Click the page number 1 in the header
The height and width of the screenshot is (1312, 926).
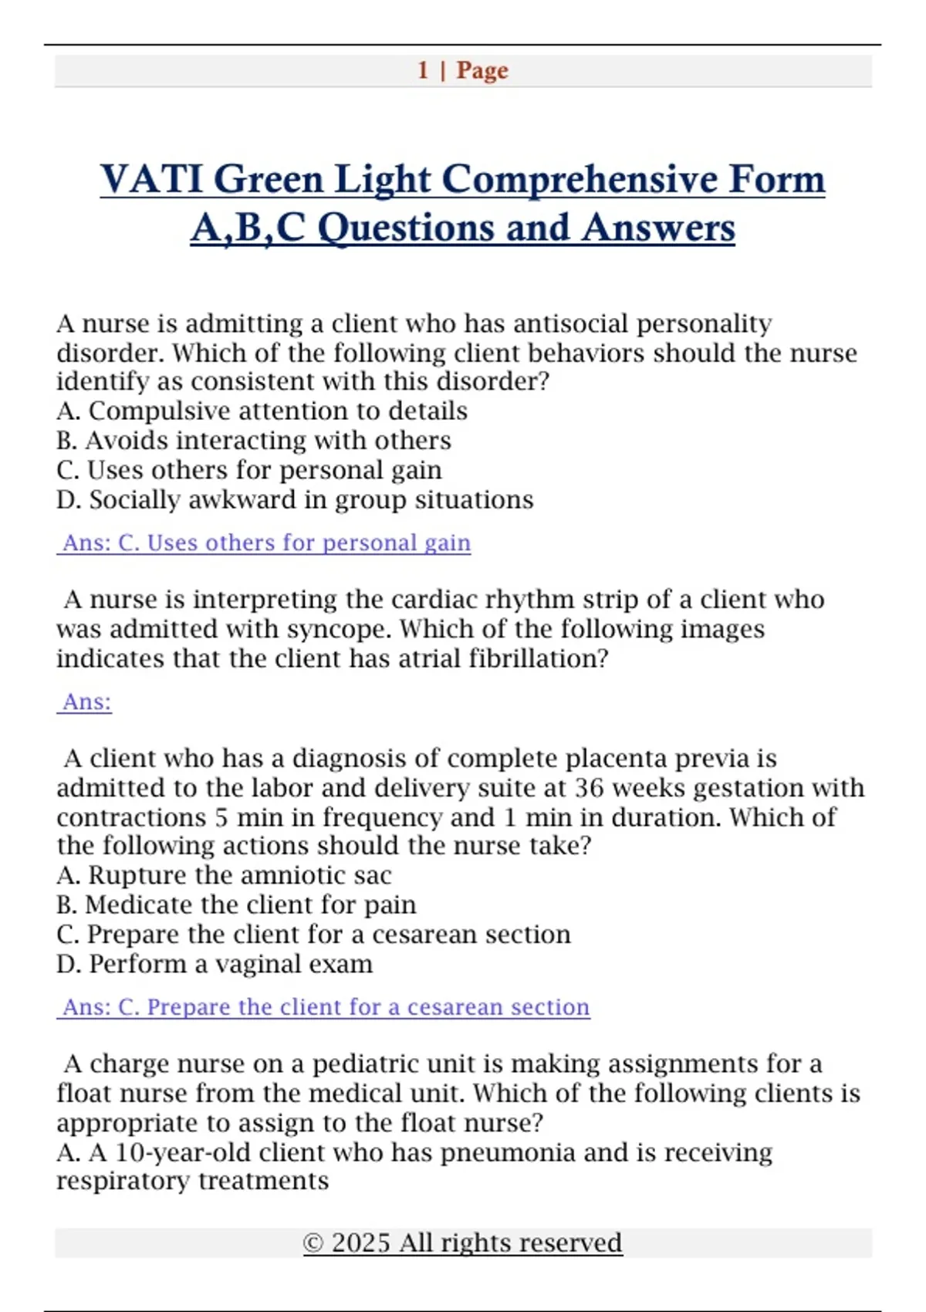click(x=423, y=70)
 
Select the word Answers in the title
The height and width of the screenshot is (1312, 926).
click(x=658, y=228)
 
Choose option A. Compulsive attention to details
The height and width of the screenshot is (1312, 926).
click(x=262, y=411)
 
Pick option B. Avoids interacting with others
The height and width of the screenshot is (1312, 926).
click(x=253, y=440)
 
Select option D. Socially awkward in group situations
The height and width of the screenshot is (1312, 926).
click(x=295, y=499)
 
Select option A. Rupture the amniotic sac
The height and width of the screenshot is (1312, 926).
click(x=224, y=875)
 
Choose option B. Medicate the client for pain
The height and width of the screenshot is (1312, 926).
click(x=236, y=905)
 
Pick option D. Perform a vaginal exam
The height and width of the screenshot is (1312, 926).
click(x=215, y=964)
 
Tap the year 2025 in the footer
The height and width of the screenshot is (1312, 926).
click(x=360, y=1243)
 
